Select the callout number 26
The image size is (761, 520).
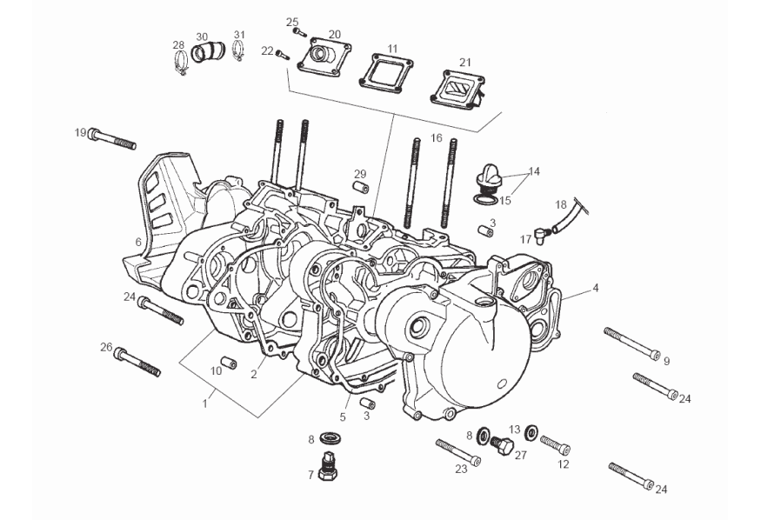pyautogui.click(x=106, y=347)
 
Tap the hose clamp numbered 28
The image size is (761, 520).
pyautogui.click(x=181, y=62)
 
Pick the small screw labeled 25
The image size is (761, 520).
pyautogui.click(x=300, y=32)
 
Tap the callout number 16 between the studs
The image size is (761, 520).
pyautogui.click(x=436, y=137)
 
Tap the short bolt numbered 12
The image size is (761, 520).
pyautogui.click(x=555, y=446)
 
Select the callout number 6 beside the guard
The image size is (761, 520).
pyautogui.click(x=137, y=241)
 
